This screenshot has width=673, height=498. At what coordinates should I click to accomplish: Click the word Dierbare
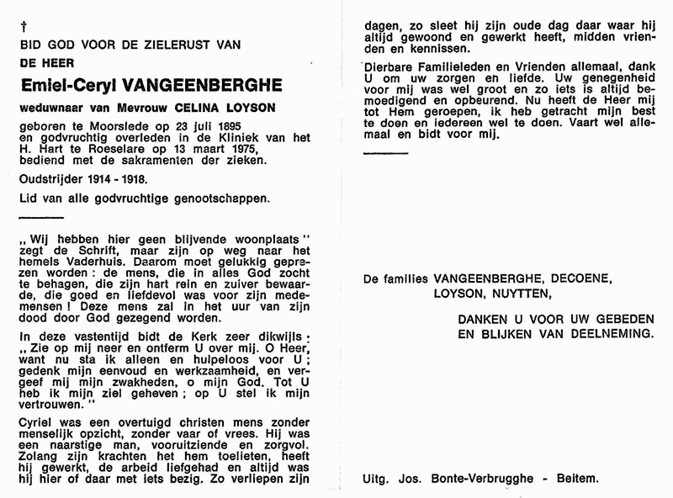389,66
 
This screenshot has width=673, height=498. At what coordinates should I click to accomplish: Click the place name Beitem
580,479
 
